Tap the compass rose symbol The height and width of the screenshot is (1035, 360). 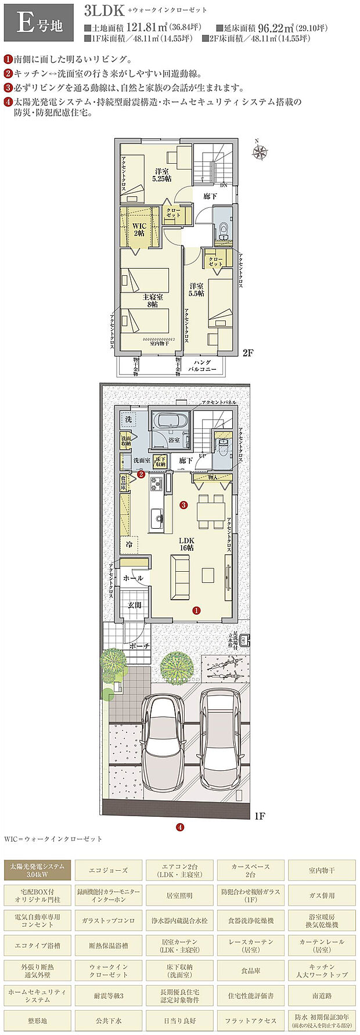(x=260, y=152)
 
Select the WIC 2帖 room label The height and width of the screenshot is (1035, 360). (x=139, y=228)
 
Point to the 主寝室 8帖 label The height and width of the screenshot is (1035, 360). (x=152, y=300)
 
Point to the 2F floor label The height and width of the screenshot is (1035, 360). (x=248, y=352)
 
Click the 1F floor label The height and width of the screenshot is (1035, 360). (x=259, y=816)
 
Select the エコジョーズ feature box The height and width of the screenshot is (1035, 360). (x=108, y=870)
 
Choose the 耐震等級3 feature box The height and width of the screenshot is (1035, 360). (x=108, y=995)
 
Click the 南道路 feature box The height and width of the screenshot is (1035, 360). (x=322, y=995)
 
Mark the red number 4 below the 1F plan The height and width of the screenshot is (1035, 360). (x=180, y=827)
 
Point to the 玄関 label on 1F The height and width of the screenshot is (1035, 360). (x=135, y=605)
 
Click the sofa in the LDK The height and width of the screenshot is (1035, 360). (x=179, y=577)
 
